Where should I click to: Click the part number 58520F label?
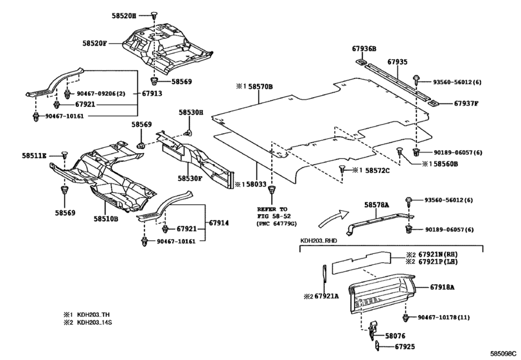click(94, 43)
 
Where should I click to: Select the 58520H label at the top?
click(123, 15)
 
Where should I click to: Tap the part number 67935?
click(398, 62)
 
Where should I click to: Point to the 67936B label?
click(364, 49)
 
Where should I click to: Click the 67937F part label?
click(466, 104)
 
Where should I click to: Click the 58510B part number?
click(105, 219)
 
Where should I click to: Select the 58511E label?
click(35, 155)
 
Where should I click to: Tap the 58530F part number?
click(190, 179)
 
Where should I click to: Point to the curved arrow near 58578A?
click(332, 218)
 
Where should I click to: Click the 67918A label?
click(442, 287)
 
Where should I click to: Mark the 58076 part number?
click(395, 336)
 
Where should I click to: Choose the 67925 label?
click(405, 346)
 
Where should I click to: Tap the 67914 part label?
click(218, 223)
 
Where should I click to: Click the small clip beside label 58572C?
click(342, 170)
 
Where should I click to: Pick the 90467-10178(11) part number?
click(443, 318)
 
